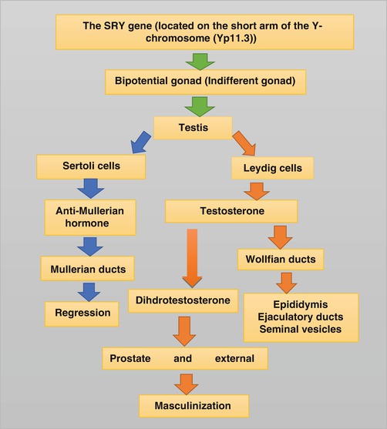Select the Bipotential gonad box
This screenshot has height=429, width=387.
[x=193, y=80]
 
